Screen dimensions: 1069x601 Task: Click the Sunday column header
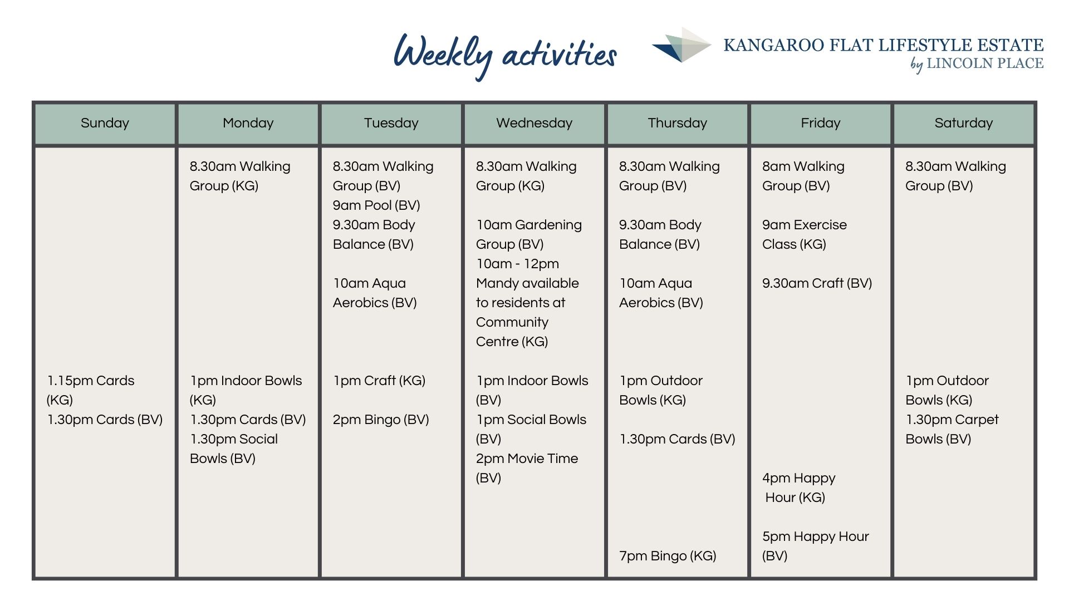[105, 123]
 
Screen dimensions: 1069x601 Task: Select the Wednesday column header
[534, 123]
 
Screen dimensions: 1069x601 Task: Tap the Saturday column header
[964, 123]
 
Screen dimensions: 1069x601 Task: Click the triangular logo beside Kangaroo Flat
[681, 45]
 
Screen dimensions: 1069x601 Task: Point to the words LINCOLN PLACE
[985, 63]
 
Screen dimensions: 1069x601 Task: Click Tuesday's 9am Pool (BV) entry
[376, 205]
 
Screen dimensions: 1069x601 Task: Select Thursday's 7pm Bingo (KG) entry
[668, 556]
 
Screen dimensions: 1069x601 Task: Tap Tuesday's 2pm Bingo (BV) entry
[381, 420]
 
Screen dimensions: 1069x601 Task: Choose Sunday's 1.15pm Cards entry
[91, 390]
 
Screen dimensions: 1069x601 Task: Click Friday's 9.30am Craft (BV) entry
[817, 283]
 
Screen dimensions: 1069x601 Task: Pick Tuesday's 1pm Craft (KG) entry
[379, 381]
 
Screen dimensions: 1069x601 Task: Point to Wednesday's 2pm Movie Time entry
[527, 468]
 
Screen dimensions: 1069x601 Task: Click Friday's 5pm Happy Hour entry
[815, 546]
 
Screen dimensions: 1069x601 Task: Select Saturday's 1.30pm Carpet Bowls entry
[952, 429]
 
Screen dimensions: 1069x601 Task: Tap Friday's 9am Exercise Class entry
[805, 234]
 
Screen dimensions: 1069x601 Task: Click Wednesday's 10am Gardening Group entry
[529, 234]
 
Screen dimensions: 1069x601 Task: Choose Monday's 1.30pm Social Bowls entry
[234, 449]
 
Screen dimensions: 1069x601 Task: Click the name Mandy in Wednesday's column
[498, 283]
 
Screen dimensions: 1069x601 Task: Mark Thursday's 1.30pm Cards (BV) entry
[677, 439]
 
